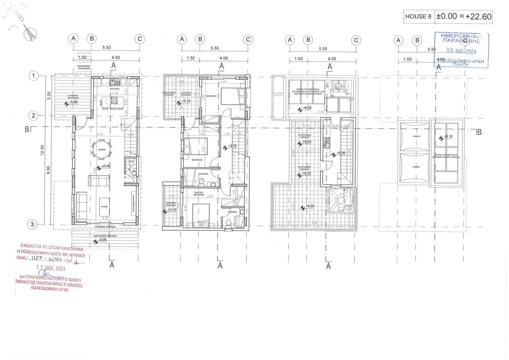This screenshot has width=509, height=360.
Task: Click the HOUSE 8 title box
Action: coord(418,16)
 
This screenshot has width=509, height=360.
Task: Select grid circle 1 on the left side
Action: coord(35,76)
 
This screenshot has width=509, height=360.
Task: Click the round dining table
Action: coord(102,150)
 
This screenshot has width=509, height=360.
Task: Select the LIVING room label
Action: coord(104,206)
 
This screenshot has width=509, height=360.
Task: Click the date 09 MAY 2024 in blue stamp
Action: coord(461,51)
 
